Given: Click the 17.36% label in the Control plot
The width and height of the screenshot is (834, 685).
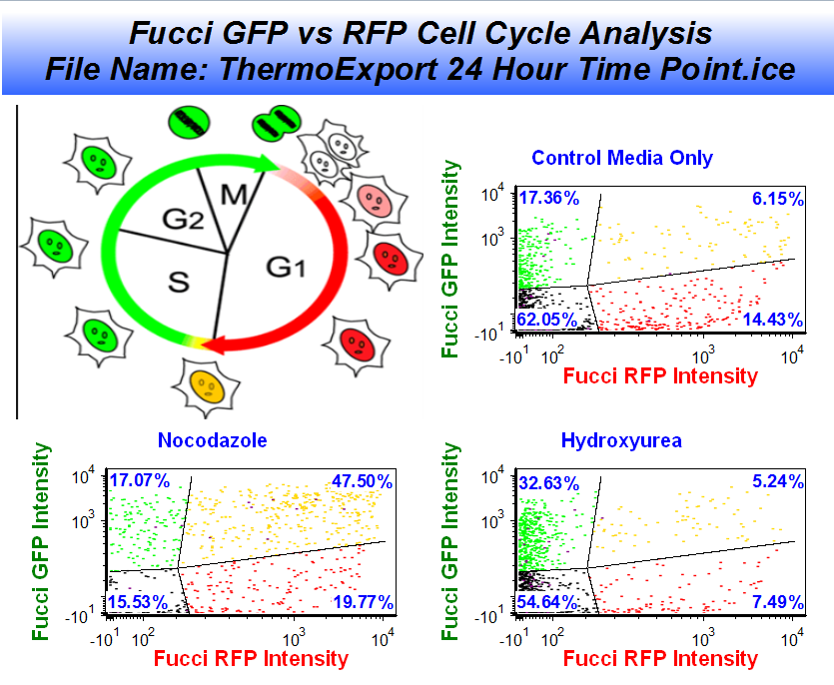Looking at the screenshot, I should tap(548, 199).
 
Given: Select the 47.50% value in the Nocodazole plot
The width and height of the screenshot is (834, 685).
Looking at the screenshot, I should tap(361, 482).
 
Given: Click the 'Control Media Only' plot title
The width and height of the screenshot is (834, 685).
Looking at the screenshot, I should tap(622, 158).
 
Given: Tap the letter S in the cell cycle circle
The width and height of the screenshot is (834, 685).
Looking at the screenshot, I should tap(178, 283).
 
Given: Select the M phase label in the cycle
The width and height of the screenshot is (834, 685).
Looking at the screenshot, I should tap(234, 194).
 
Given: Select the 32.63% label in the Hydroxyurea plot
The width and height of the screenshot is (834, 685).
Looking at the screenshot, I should tap(548, 482).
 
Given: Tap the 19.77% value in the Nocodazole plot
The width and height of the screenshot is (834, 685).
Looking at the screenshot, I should tap(361, 602).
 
